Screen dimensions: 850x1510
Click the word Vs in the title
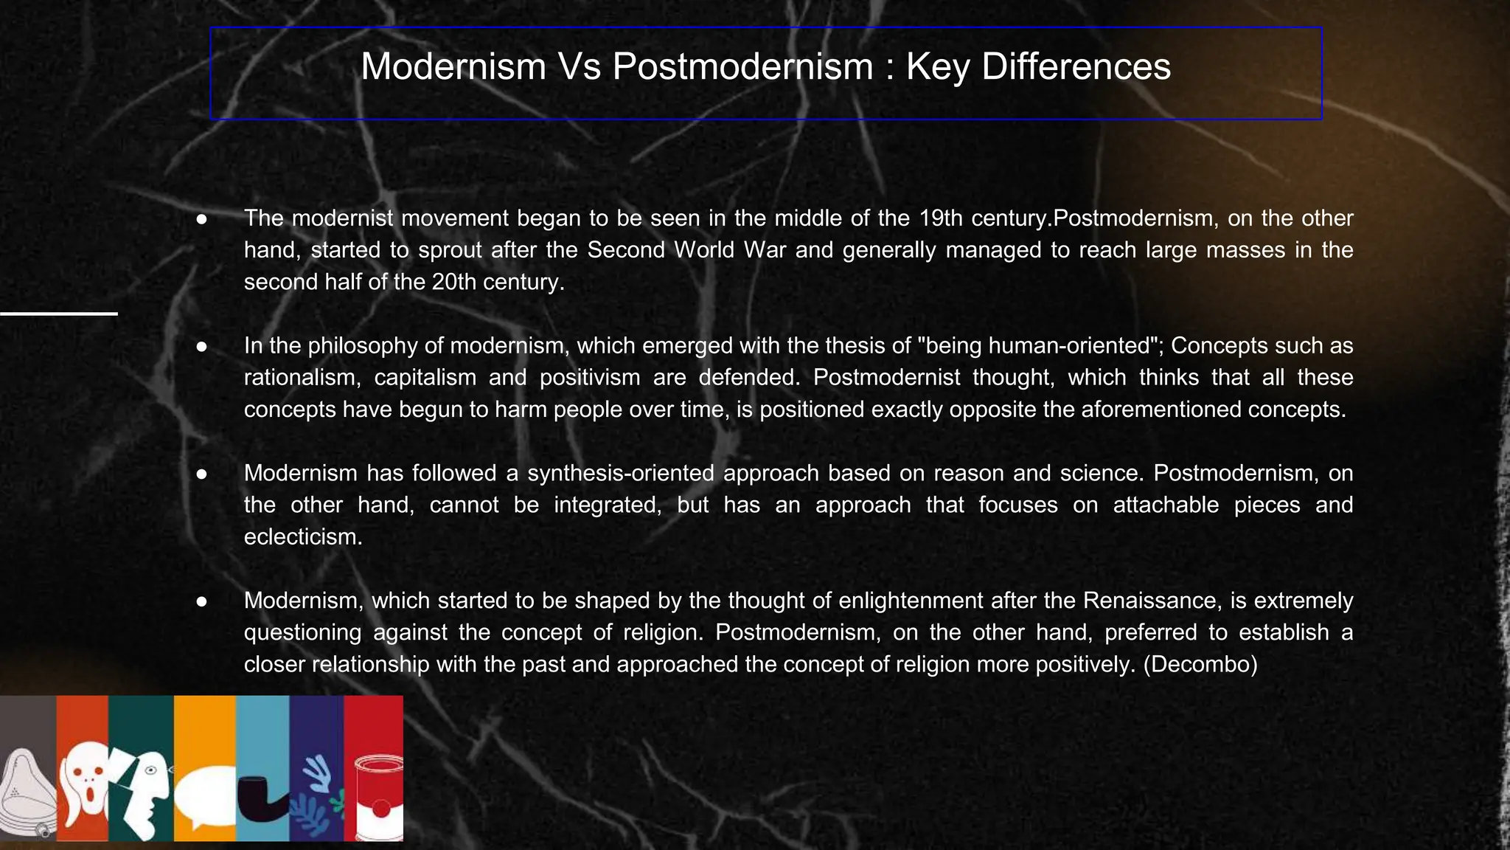579,66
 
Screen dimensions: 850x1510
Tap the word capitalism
425,378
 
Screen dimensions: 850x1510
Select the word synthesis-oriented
620,473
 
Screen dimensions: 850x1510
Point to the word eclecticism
303,536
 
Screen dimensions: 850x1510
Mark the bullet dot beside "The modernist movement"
201,219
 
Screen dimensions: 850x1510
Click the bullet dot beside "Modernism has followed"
201,474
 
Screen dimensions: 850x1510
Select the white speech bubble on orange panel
205,797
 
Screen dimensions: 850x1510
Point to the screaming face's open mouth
90,795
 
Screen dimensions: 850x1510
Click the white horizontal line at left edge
59,314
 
